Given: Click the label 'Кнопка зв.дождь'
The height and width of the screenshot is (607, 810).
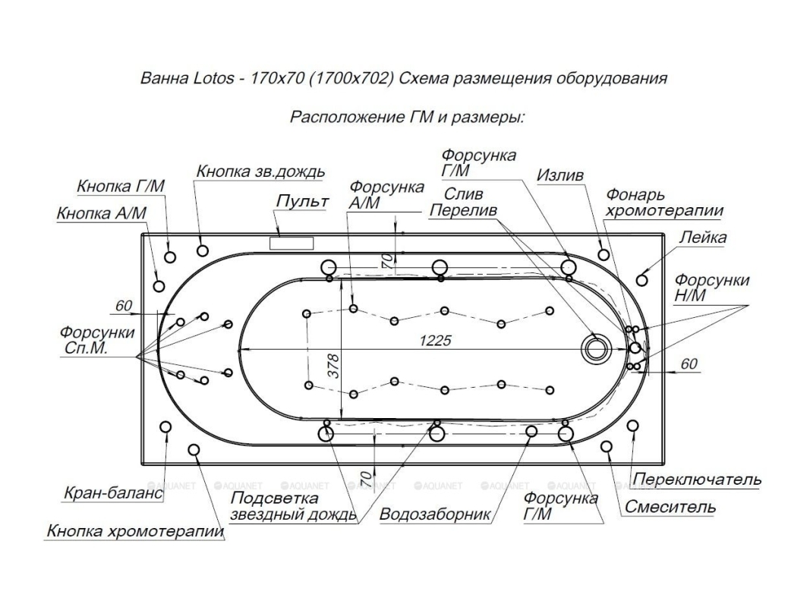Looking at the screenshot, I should tap(260, 171).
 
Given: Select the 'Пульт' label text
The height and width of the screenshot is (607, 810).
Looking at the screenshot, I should tap(302, 202).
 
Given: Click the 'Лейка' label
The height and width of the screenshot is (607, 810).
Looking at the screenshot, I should tap(702, 237).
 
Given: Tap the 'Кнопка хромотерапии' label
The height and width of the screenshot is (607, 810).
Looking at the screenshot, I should tap(136, 531).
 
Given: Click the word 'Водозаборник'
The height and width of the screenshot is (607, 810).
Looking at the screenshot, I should tap(436, 514).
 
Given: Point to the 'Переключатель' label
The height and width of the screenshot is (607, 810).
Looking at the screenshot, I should tap(697, 480).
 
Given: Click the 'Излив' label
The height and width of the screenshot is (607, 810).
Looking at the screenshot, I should tap(560, 176).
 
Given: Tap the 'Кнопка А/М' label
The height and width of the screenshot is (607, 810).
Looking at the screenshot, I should tap(101, 214).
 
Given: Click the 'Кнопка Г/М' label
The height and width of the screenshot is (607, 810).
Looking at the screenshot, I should tap(121, 187).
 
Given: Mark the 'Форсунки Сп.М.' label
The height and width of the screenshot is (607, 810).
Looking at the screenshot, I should tap(97, 341).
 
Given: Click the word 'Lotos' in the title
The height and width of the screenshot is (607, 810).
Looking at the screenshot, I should tap(205, 79).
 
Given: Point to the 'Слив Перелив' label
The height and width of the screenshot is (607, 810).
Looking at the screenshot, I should tap(463, 202).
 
